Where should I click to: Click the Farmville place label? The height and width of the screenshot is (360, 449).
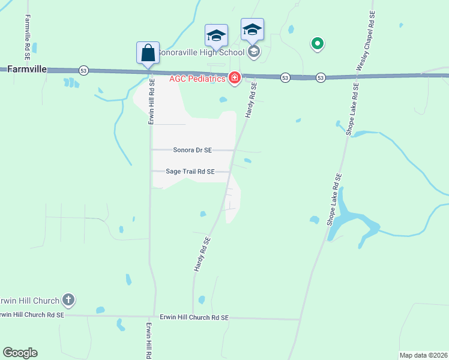point(27,69)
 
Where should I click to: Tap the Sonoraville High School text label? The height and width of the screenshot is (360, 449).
point(200,52)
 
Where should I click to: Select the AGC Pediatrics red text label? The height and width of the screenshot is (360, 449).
point(197,78)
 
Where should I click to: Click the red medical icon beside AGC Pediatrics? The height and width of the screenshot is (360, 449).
point(234,77)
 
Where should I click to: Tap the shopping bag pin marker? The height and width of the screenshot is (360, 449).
point(148,53)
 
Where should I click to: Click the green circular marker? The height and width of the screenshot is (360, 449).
point(317,43)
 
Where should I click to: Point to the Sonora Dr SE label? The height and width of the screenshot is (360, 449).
point(192,150)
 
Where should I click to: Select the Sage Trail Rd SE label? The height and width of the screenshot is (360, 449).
point(190,172)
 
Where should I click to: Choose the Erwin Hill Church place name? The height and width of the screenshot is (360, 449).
point(30,301)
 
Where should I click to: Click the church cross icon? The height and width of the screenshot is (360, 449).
point(68,299)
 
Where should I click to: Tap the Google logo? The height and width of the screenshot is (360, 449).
point(20,353)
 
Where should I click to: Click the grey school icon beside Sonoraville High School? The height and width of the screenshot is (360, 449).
point(254,52)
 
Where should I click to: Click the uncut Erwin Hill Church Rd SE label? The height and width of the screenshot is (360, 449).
point(194,317)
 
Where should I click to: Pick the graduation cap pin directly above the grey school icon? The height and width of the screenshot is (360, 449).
point(253,29)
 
